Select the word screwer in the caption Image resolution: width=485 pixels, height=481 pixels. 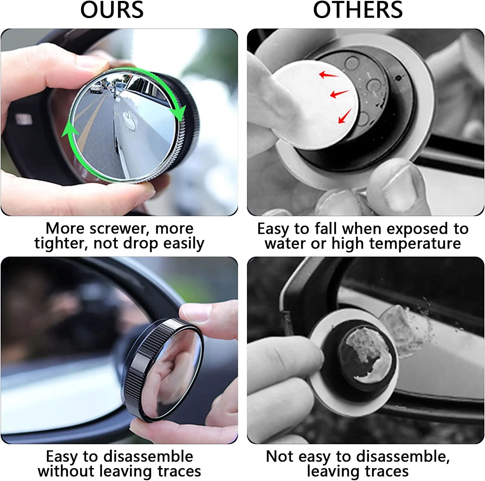point(120,229)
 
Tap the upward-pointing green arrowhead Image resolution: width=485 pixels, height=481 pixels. point(70,130)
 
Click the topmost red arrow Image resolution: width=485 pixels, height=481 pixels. point(327,75)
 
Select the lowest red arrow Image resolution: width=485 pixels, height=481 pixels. point(345,117)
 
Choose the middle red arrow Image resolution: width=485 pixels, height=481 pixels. point(338,94)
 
